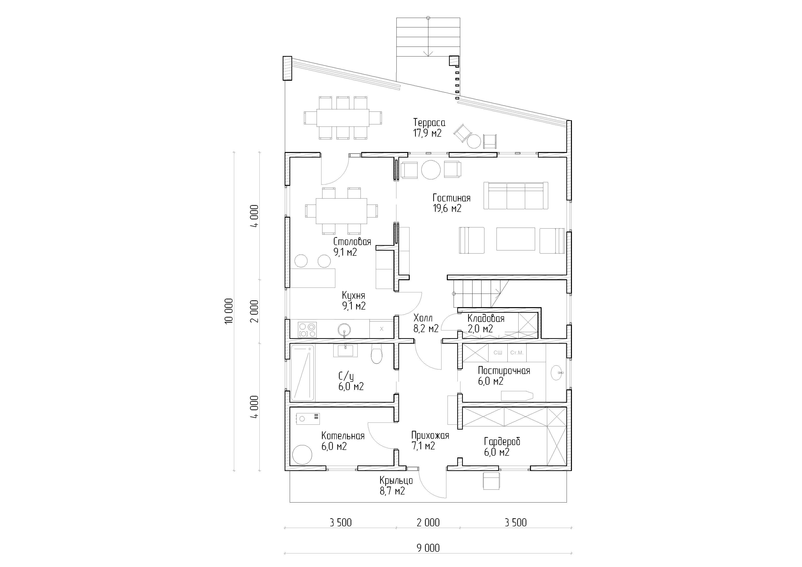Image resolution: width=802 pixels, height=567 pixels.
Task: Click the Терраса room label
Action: (x=429, y=123)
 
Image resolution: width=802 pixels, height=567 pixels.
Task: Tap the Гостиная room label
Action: (x=451, y=198)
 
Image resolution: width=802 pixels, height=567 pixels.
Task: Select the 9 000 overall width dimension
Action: (x=428, y=548)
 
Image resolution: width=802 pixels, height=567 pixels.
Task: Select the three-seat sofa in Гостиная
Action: (x=516, y=196)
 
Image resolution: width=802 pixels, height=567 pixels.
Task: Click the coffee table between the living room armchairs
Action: (x=516, y=239)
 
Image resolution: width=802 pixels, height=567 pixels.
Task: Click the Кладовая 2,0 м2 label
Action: (x=486, y=324)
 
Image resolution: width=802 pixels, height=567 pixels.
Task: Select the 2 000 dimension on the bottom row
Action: (x=428, y=523)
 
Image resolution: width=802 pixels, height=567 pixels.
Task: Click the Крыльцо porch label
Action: (x=396, y=480)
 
